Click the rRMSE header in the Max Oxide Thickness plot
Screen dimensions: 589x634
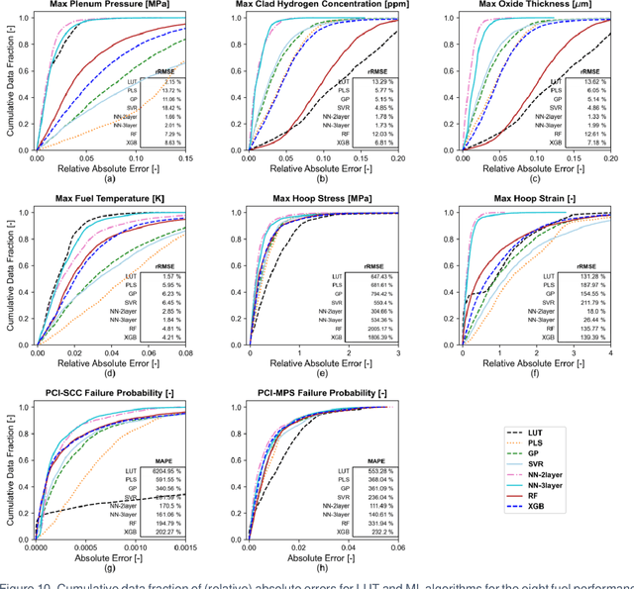591,71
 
